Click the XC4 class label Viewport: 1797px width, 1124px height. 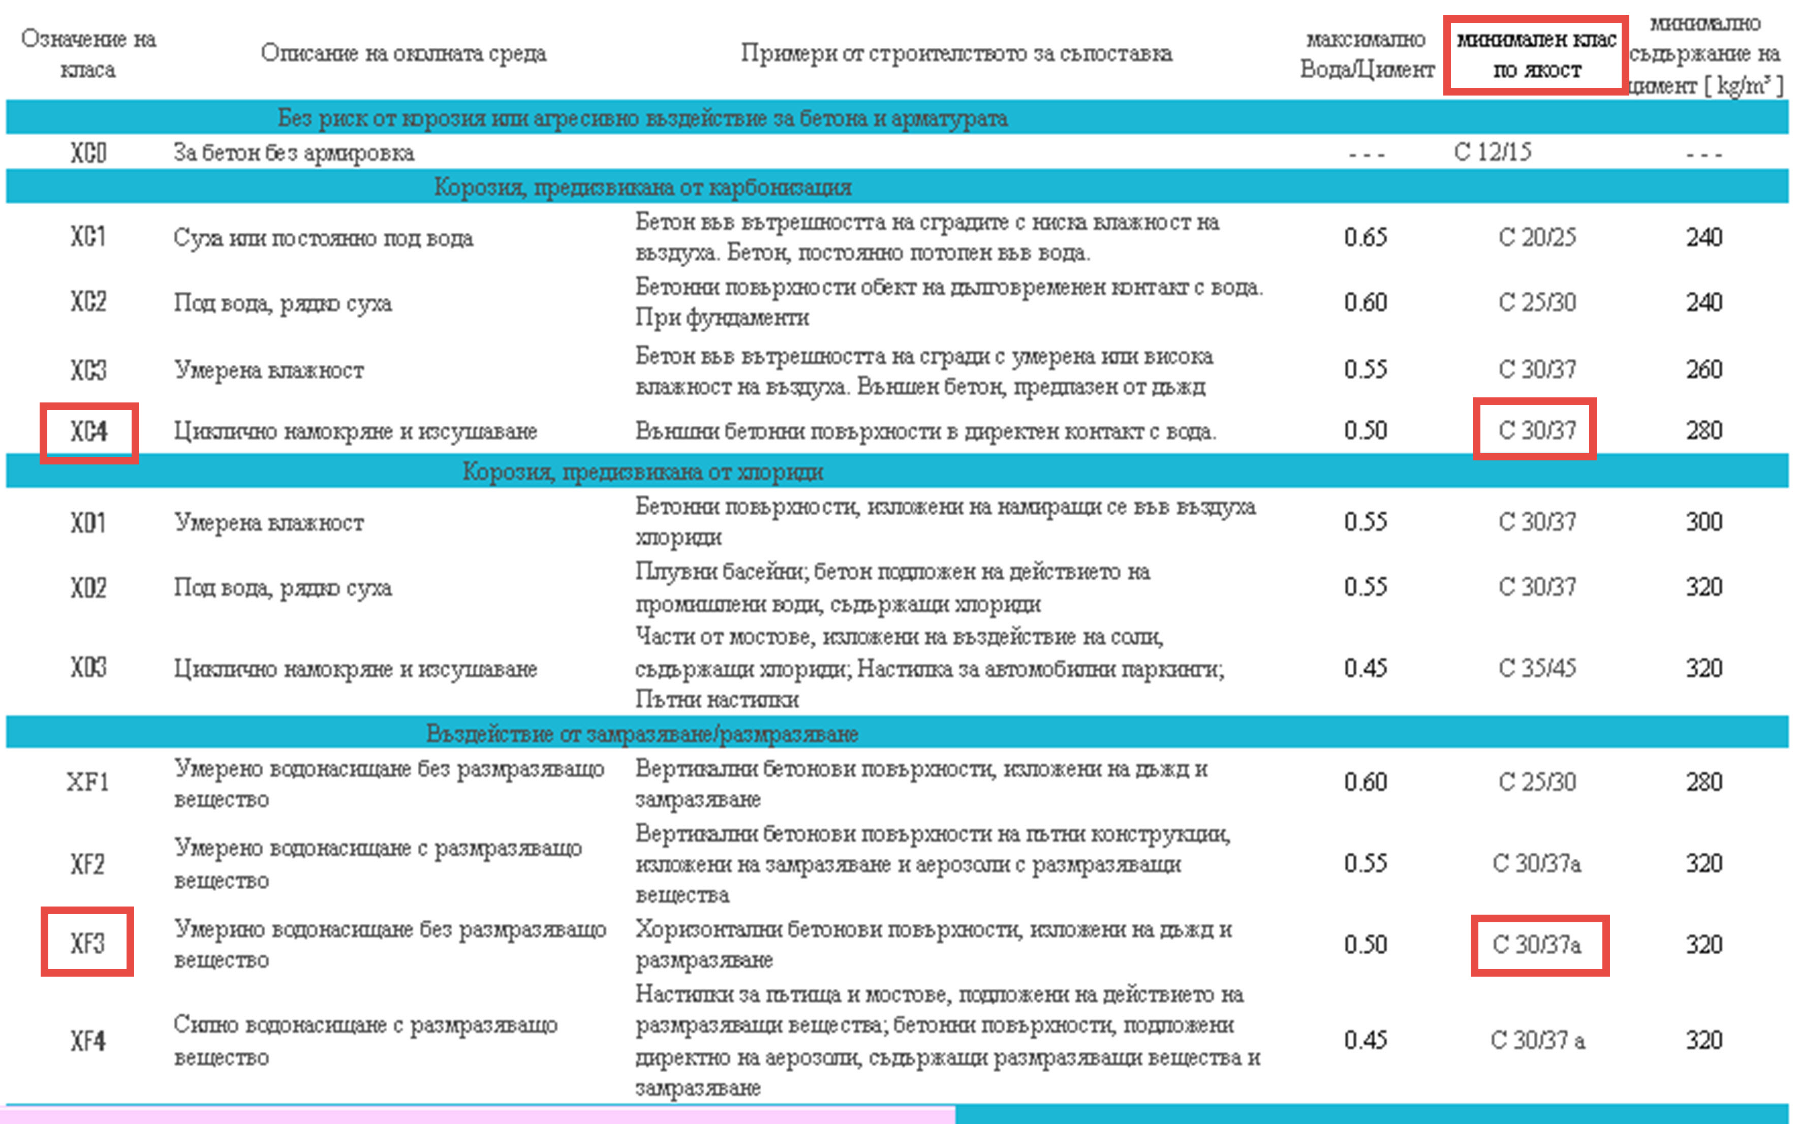88,432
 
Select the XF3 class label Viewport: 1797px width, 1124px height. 88,943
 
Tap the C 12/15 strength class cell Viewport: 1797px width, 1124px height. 1492,152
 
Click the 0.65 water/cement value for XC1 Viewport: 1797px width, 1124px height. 1365,238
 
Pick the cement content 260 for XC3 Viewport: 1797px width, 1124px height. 1704,369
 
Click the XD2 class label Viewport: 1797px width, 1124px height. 88,588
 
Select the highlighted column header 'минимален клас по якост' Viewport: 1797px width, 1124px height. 1536,55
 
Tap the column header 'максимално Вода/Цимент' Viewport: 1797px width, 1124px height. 1367,54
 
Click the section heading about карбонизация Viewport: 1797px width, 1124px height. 642,188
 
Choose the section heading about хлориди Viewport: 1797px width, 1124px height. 642,472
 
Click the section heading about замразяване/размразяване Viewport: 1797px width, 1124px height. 642,734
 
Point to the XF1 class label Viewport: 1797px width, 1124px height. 88,782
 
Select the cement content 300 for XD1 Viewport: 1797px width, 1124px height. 1704,522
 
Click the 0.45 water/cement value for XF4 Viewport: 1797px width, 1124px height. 1365,1040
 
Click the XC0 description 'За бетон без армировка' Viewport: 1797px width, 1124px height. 294,153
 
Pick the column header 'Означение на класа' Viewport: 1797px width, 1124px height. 88,54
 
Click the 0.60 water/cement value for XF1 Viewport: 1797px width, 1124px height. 1365,782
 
